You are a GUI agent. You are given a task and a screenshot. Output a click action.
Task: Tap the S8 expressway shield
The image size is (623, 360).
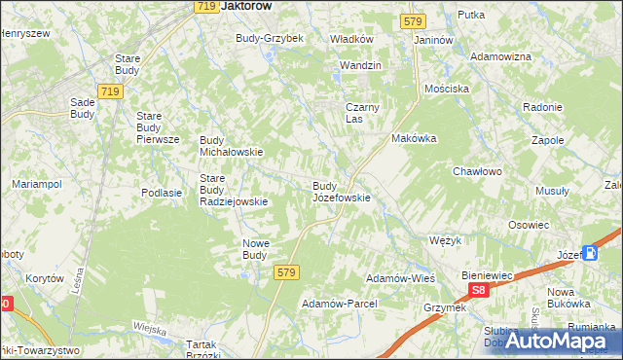point(477,290)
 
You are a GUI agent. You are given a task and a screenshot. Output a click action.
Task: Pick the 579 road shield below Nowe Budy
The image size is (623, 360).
point(284,274)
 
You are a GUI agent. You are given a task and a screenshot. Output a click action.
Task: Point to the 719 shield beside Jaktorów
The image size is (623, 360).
point(204,7)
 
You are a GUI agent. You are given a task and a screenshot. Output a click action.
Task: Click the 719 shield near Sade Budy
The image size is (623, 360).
point(110,91)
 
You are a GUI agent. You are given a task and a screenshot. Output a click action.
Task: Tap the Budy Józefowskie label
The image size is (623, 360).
point(341,192)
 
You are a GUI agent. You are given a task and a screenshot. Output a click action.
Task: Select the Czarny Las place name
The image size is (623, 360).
point(360,113)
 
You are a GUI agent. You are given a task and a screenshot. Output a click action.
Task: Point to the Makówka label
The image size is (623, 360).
point(414,138)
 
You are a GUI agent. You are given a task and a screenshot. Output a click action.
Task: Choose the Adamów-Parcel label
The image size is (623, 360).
point(339,304)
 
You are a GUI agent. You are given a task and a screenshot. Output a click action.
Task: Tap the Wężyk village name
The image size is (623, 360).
point(445,239)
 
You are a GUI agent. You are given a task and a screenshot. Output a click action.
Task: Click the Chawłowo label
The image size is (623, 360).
point(476,172)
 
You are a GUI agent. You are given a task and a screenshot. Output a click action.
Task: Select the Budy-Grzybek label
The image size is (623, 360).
point(270,38)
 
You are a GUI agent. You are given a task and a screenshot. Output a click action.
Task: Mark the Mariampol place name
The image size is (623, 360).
point(36,184)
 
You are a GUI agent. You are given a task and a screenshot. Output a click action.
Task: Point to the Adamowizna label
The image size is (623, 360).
point(500,57)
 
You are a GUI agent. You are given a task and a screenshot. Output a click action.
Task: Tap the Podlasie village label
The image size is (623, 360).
point(162,193)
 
